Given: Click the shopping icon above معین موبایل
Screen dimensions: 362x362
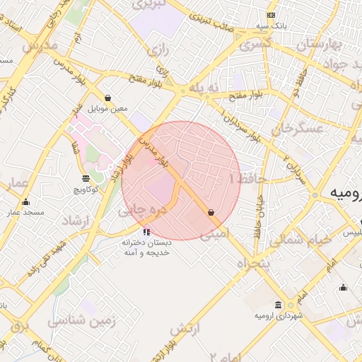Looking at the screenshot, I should [x=107, y=98].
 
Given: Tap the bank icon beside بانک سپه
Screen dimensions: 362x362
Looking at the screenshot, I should [x=271, y=16].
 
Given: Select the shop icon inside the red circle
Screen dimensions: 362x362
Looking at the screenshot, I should [x=211, y=212].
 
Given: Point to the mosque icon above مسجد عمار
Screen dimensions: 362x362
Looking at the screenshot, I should [x=26, y=202].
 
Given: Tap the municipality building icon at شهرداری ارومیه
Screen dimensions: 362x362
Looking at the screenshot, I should [x=278, y=305].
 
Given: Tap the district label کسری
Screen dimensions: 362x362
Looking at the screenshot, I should [x=255, y=45].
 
